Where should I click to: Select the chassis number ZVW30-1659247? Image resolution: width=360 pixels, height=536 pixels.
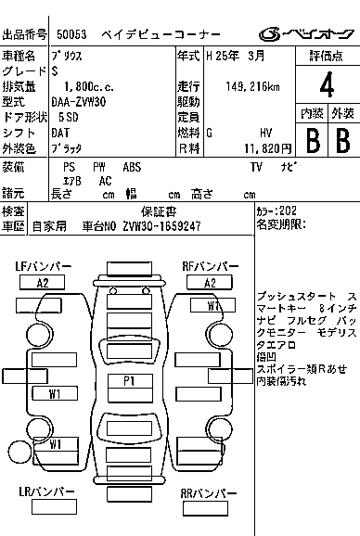pyautogui.click(x=156, y=225)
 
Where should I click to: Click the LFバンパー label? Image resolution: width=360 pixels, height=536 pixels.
pyautogui.click(x=43, y=267)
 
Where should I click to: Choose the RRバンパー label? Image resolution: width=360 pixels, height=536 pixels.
pyautogui.click(x=210, y=493)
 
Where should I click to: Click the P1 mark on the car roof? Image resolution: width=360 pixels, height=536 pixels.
pyautogui.click(x=130, y=380)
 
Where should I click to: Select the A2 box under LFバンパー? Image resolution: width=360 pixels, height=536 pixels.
pyautogui.click(x=43, y=283)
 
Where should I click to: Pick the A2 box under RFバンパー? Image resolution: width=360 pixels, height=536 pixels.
pyautogui.click(x=210, y=283)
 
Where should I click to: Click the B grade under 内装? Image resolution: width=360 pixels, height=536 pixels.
pyautogui.click(x=314, y=141)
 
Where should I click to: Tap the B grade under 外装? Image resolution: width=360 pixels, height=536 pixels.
pyautogui.click(x=342, y=141)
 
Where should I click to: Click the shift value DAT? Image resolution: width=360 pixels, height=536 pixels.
pyautogui.click(x=62, y=133)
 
